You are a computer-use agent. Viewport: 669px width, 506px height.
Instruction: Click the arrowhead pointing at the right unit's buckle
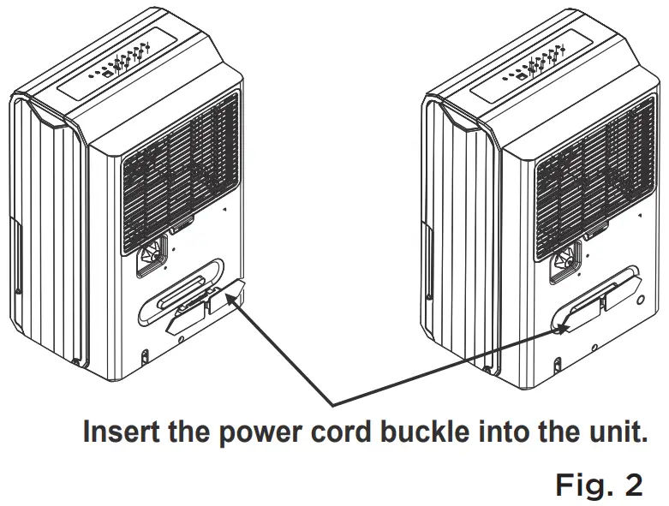pyautogui.click(x=559, y=329)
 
